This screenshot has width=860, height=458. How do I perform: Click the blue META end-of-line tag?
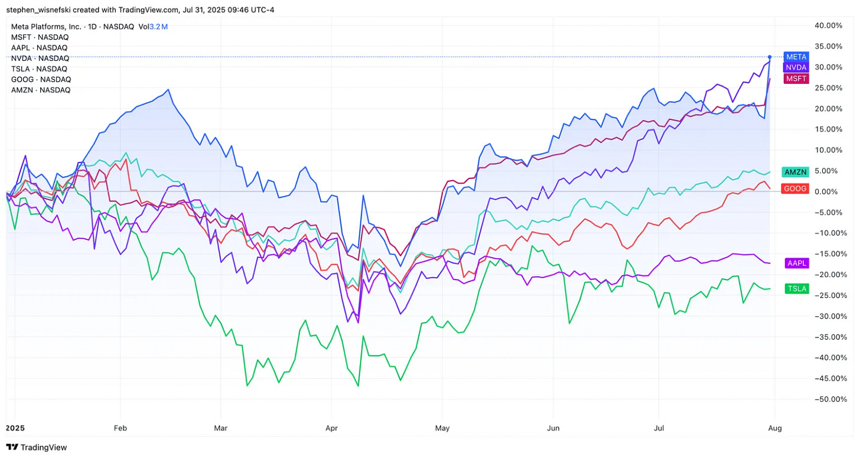tap(795, 57)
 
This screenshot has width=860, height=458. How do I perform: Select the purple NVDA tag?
tap(795, 67)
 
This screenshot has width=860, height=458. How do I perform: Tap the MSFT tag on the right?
tap(795, 79)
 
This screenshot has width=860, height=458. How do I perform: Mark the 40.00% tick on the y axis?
tap(828, 25)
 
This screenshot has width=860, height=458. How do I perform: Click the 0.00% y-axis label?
tap(830, 191)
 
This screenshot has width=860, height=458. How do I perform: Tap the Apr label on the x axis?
tap(331, 428)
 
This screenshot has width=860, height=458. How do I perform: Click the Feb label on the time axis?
tap(120, 428)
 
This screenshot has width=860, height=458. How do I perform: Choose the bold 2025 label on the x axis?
tap(16, 428)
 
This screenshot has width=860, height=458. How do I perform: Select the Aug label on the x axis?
tap(774, 428)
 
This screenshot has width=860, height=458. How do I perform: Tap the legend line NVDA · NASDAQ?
tap(40, 58)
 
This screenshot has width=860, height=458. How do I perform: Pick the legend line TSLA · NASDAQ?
tap(40, 69)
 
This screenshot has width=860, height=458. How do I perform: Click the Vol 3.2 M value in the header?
tap(155, 27)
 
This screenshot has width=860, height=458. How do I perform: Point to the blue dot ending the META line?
tap(770, 57)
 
